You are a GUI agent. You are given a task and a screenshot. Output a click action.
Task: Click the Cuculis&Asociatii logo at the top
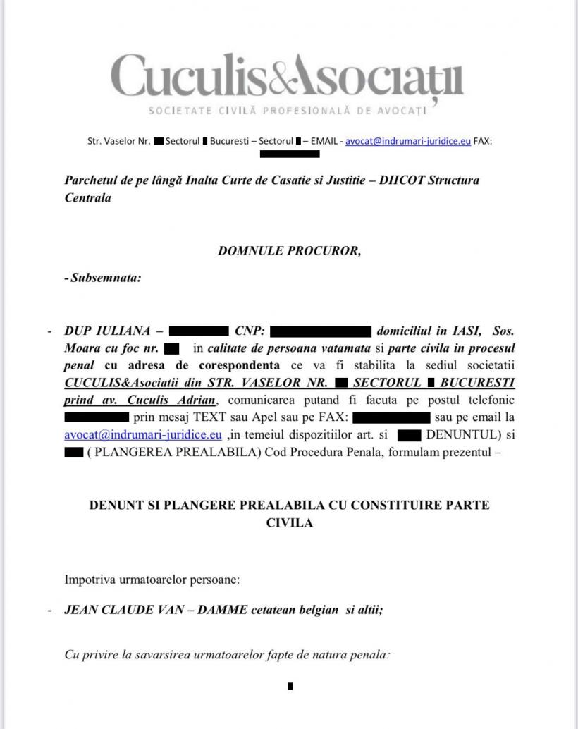pyautogui.click(x=288, y=76)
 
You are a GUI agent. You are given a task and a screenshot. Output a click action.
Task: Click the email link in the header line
pyautogui.click(x=408, y=141)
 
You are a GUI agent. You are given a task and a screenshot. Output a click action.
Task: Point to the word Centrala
pyautogui.click(x=88, y=198)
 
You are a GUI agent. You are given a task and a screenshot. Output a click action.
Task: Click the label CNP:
pyautogui.click(x=250, y=331)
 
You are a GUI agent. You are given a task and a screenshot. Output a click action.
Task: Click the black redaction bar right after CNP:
pyautogui.click(x=321, y=331)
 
